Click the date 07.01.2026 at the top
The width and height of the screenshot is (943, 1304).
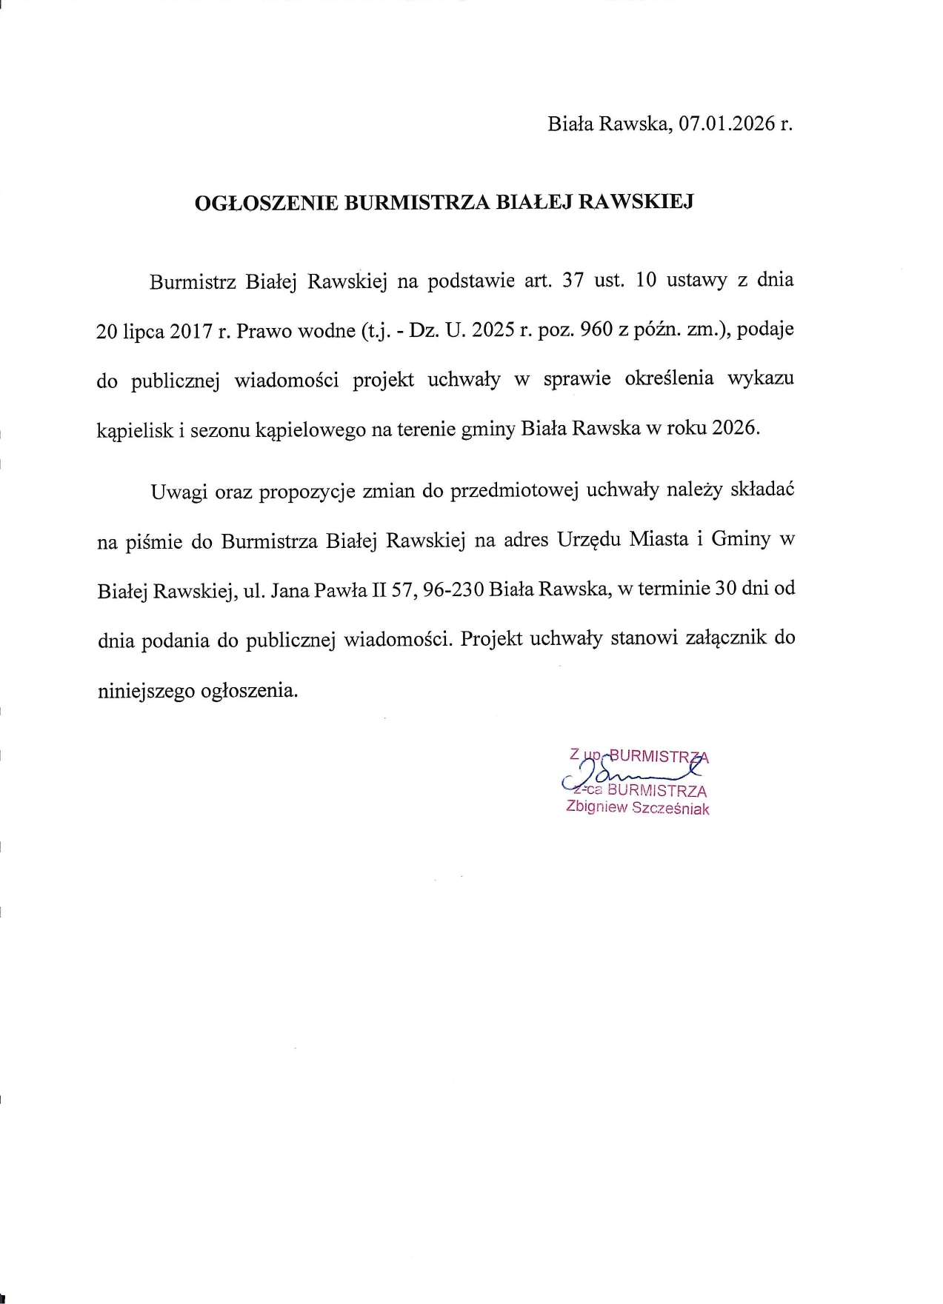point(727,124)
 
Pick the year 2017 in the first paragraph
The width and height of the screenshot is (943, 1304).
point(191,331)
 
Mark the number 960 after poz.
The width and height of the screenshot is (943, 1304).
point(598,330)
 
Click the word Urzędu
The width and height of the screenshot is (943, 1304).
point(588,541)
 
